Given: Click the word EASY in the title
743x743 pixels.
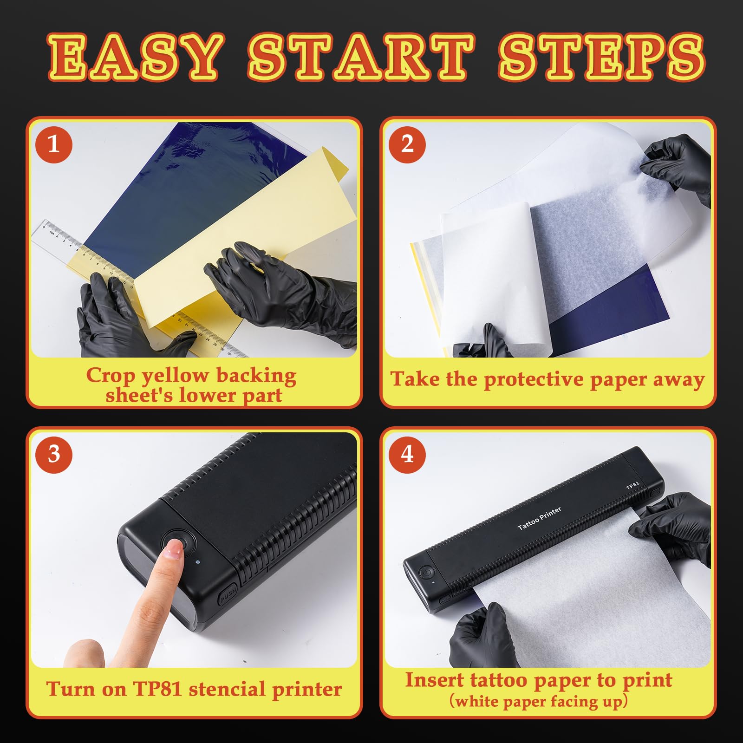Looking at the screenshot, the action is [135, 57].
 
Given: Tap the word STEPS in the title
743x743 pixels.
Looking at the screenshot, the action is [602, 57].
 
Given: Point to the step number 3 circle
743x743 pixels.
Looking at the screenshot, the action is [54, 454].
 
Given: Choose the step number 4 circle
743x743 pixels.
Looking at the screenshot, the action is [407, 454].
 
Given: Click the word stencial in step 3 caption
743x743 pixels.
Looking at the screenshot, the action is [227, 689].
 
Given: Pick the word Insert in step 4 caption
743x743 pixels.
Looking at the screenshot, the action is [434, 680].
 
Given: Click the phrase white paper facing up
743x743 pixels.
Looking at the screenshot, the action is [539, 701].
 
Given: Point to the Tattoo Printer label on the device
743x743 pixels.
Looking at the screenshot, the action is [540, 518].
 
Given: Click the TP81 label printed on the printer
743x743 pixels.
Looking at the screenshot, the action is [633, 485].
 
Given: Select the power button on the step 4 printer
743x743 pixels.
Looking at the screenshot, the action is [425, 572].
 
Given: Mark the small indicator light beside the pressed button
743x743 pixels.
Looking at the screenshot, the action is [197, 562].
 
